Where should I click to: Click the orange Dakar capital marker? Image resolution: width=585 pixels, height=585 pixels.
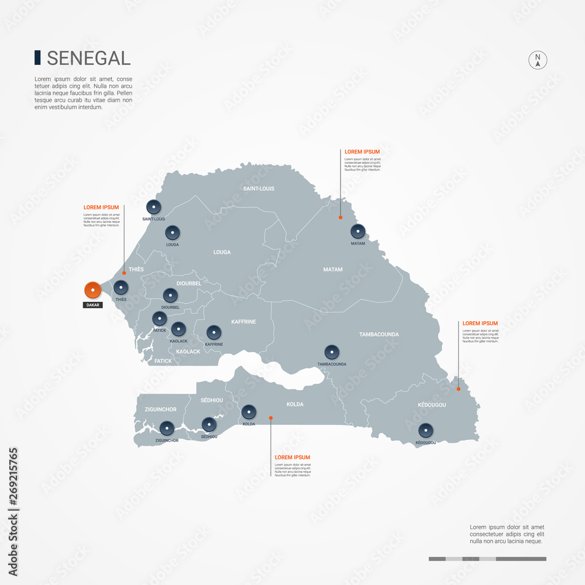coord(92,290)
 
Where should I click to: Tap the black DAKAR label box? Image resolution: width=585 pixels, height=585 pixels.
coord(92,305)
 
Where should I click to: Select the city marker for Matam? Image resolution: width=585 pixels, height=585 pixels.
coord(357,232)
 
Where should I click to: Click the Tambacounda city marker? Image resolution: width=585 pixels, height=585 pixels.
coord(332,352)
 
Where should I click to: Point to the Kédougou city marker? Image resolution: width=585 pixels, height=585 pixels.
coord(426,431)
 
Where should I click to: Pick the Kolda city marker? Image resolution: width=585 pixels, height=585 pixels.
coord(249,412)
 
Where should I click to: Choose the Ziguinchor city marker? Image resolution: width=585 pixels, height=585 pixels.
coord(167,428)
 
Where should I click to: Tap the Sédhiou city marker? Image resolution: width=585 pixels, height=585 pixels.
coord(209,424)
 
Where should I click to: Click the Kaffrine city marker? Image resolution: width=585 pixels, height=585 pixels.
coord(214,332)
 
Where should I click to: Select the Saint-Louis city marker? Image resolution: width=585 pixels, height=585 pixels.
coord(153,207)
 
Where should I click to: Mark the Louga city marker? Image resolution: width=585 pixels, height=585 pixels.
coord(172,232)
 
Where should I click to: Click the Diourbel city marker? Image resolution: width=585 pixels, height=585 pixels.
coord(170,295)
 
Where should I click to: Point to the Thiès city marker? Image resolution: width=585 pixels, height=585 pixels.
coord(121,288)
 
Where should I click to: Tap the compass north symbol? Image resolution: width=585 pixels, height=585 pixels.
coord(538,60)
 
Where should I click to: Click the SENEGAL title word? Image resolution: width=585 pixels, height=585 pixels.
coord(88,58)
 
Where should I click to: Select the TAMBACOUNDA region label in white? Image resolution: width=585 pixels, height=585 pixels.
coord(378,335)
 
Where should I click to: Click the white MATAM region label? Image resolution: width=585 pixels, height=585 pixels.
coord(333,270)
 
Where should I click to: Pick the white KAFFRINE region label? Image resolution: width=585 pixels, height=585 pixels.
coord(243,322)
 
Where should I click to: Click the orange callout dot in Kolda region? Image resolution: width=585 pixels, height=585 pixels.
coord(270,418)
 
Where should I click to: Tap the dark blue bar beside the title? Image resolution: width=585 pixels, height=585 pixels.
coord(37,57)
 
